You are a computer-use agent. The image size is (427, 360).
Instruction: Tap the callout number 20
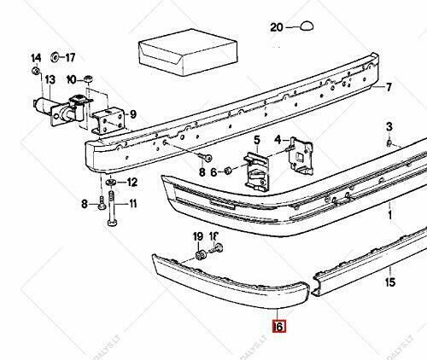(276, 28)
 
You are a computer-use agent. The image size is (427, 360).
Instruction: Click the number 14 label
(36, 58)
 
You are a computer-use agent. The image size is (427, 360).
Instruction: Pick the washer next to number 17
(56, 59)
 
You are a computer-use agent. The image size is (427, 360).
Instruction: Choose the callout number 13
(50, 80)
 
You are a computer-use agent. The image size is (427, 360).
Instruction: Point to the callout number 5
(256, 139)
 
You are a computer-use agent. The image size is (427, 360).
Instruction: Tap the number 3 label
(389, 126)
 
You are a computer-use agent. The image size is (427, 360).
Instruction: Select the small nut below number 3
(389, 142)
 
